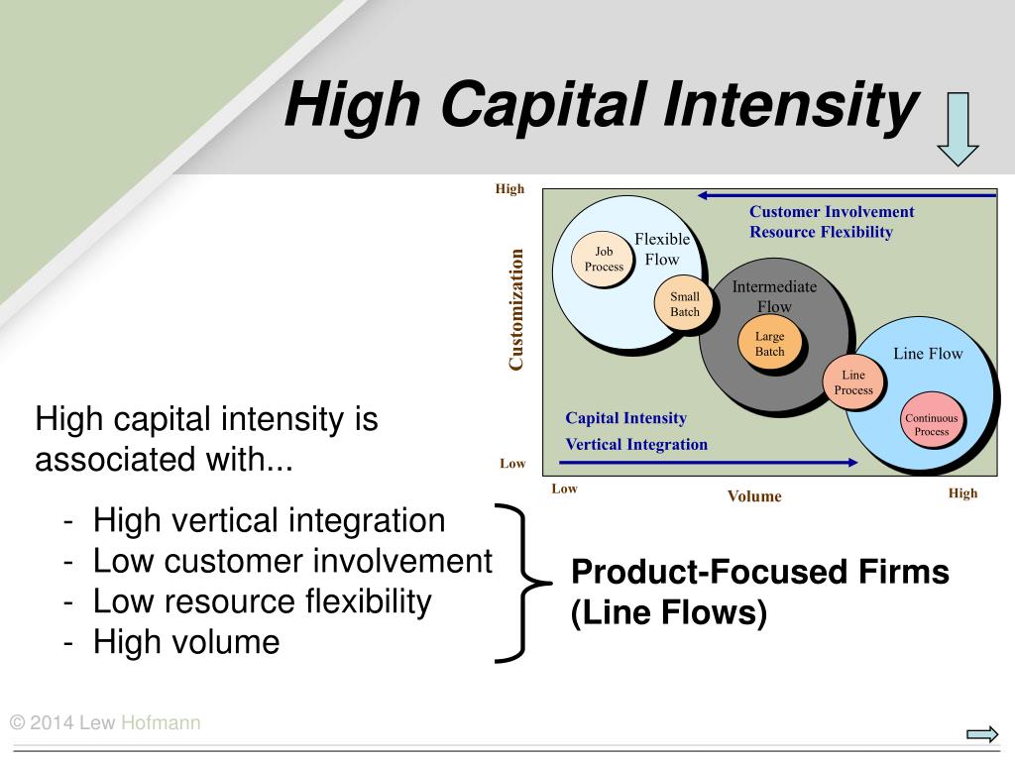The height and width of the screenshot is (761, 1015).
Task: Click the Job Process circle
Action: coord(602,259)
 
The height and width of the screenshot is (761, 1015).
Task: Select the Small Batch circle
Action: coord(684,303)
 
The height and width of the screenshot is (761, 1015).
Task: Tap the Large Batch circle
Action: coord(769,343)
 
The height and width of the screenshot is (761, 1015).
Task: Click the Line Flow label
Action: coord(928,354)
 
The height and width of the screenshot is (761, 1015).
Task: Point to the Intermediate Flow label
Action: coord(774,296)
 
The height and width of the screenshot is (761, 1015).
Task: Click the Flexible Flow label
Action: coord(661,249)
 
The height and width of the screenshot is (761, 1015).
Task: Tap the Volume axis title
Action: coord(754,496)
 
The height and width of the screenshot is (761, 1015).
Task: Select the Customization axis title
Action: coord(515,309)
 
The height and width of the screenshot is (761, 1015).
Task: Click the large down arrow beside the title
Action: coord(958,129)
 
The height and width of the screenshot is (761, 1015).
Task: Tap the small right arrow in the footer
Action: coord(982,734)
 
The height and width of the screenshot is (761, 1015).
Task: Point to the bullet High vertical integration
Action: coord(269,520)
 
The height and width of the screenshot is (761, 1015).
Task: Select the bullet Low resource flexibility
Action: coord(262,601)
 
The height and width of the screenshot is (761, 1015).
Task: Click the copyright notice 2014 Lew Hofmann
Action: coord(105,722)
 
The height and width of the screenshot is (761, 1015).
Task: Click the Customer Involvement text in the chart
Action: coord(832,212)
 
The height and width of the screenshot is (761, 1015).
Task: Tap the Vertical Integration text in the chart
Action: coord(636,445)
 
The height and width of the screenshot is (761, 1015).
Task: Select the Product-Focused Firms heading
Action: coord(760,572)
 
